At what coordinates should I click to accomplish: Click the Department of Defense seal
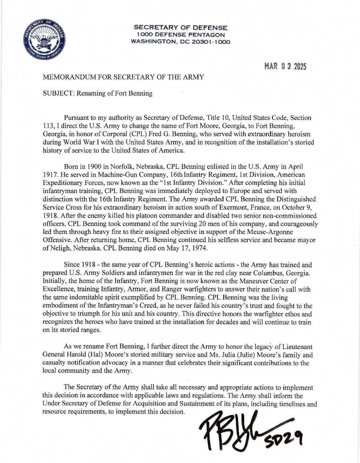point(43,40)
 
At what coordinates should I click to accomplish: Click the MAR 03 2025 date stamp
point(285,66)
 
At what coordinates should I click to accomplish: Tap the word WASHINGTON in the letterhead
point(153,42)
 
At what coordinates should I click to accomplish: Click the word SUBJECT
point(58,93)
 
